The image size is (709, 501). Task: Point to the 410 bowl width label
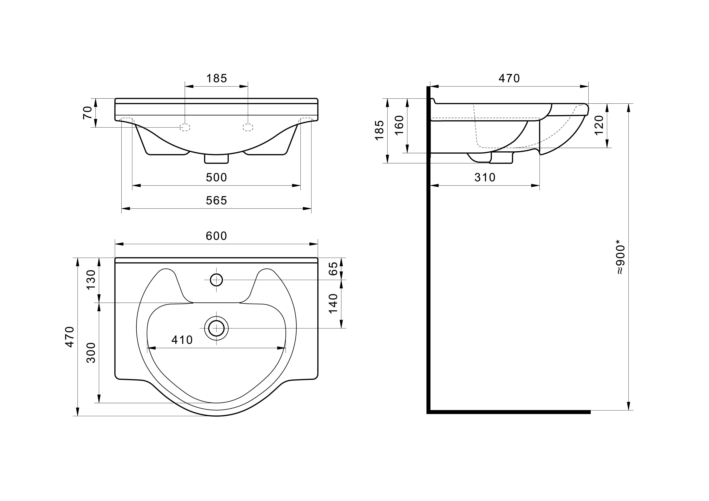click(x=182, y=340)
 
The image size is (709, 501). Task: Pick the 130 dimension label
click(x=91, y=280)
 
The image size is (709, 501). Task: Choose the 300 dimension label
click(x=91, y=353)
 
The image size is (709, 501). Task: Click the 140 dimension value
click(x=333, y=303)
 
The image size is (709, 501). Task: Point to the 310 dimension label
click(x=485, y=178)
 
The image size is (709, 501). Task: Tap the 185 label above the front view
click(x=217, y=78)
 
